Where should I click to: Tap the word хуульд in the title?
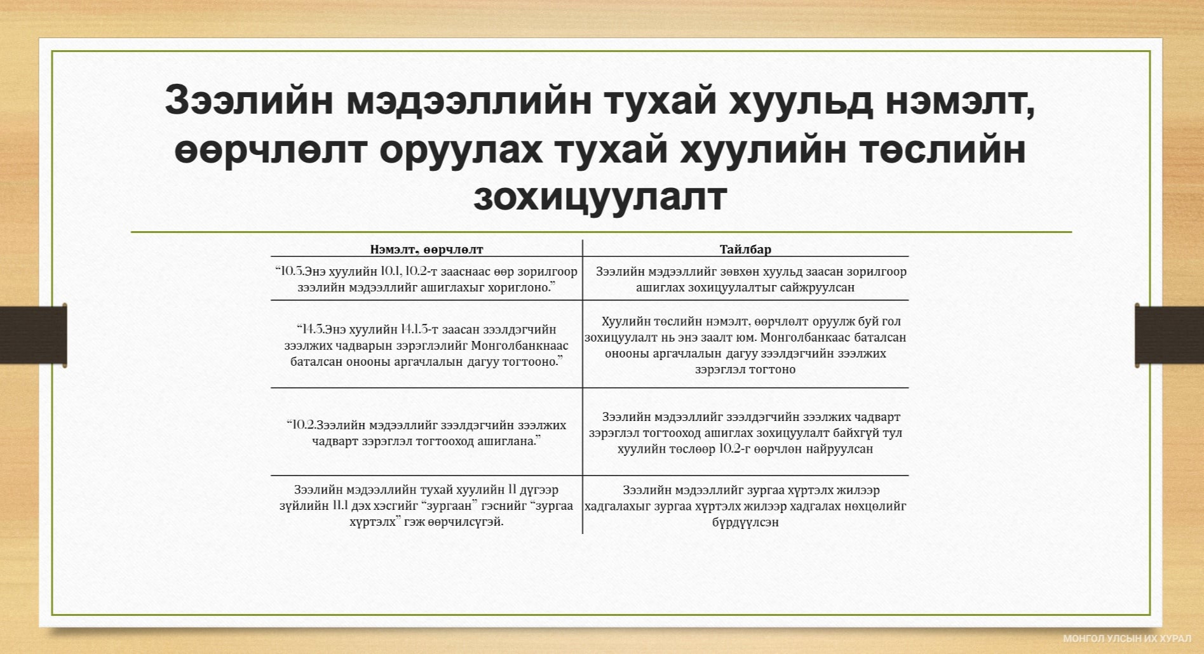[x=801, y=101]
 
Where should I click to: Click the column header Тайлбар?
[x=745, y=250]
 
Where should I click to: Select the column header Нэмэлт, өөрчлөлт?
[x=426, y=250]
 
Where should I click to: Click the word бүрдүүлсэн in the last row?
[x=745, y=523]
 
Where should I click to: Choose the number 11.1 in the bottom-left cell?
[x=340, y=505]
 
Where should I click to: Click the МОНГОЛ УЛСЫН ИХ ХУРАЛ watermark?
[x=1127, y=639]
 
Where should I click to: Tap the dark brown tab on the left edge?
[x=33, y=335]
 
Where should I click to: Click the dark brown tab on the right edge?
[x=1169, y=335]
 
